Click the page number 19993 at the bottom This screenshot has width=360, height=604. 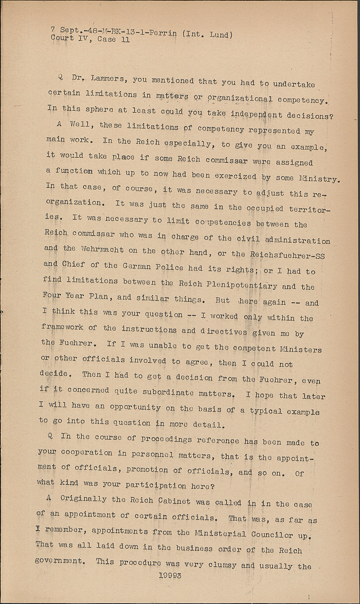point(170,575)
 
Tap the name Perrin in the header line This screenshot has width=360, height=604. point(163,33)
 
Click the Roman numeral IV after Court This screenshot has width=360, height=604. point(85,39)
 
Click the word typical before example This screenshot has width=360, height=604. point(266,411)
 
